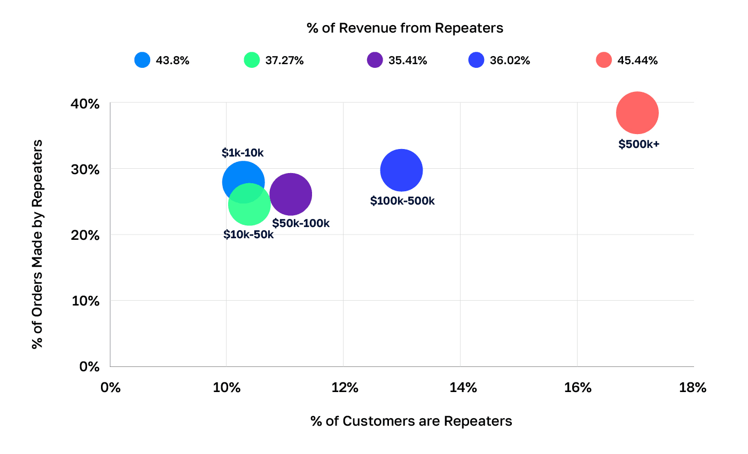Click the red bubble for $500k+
pos(637,113)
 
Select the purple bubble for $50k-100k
pos(291,194)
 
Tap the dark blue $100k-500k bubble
pos(401,170)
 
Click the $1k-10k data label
pos(243,153)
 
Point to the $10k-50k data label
pos(248,234)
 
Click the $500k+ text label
pos(639,144)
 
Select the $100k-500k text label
pos(402,201)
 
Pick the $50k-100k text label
pos(301,223)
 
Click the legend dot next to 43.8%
pos(143,60)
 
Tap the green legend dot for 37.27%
pos(252,60)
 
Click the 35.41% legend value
pos(408,60)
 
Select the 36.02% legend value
pos(510,60)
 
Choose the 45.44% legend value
pos(637,60)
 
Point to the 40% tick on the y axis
pos(86,104)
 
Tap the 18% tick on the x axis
pos(693,388)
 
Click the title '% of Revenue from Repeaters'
pos(405,28)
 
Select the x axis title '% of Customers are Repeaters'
pos(411,421)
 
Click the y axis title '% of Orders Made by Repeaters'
pos(37,244)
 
